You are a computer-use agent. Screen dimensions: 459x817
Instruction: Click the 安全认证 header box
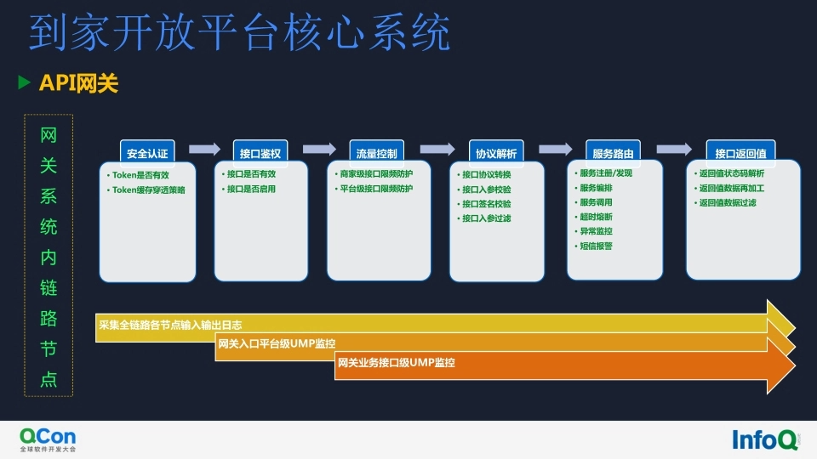pyautogui.click(x=147, y=153)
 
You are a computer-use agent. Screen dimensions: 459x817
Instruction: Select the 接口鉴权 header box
pyautogui.click(x=260, y=153)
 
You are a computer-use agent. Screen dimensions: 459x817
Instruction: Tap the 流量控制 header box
pyautogui.click(x=374, y=153)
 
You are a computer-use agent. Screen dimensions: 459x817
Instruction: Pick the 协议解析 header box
pyautogui.click(x=495, y=153)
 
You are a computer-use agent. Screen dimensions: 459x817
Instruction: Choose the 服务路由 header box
pyautogui.click(x=613, y=153)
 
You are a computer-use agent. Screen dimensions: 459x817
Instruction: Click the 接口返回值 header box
pyautogui.click(x=740, y=153)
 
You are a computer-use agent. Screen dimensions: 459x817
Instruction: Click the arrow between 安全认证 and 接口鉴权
pyautogui.click(x=204, y=149)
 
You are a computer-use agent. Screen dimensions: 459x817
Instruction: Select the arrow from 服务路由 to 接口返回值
pyautogui.click(x=674, y=149)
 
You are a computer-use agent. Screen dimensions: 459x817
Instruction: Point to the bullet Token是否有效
pyautogui.click(x=140, y=175)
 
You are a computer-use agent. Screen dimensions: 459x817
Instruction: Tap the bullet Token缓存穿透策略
pyautogui.click(x=148, y=190)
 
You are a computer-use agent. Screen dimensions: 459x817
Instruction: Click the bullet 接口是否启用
pyautogui.click(x=251, y=189)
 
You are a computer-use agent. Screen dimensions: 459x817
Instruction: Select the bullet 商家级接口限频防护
pyautogui.click(x=375, y=174)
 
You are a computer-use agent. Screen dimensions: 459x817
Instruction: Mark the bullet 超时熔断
pyautogui.click(x=596, y=217)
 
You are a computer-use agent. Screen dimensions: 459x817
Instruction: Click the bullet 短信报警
pyautogui.click(x=596, y=246)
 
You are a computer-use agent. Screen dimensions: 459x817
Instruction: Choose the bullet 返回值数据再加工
pyautogui.click(x=731, y=188)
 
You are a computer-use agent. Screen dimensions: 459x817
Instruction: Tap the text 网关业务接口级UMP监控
pyautogui.click(x=397, y=363)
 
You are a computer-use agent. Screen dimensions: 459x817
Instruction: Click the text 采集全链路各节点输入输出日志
pyautogui.click(x=170, y=325)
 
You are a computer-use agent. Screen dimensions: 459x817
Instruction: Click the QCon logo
pyautogui.click(x=48, y=438)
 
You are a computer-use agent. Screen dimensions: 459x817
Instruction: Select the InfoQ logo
pyautogui.click(x=765, y=439)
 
